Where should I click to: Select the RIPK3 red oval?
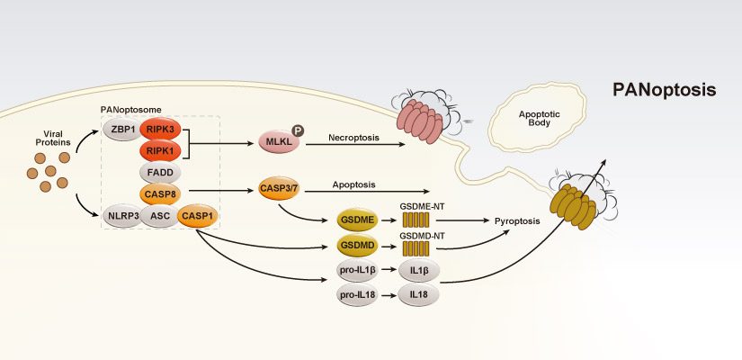163,130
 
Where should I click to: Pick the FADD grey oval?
163,173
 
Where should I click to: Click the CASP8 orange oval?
163,193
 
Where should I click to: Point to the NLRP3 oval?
122,216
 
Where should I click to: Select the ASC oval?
161,216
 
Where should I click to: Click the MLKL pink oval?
278,141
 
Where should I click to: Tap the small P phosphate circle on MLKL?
298,130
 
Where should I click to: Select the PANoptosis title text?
664,90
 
